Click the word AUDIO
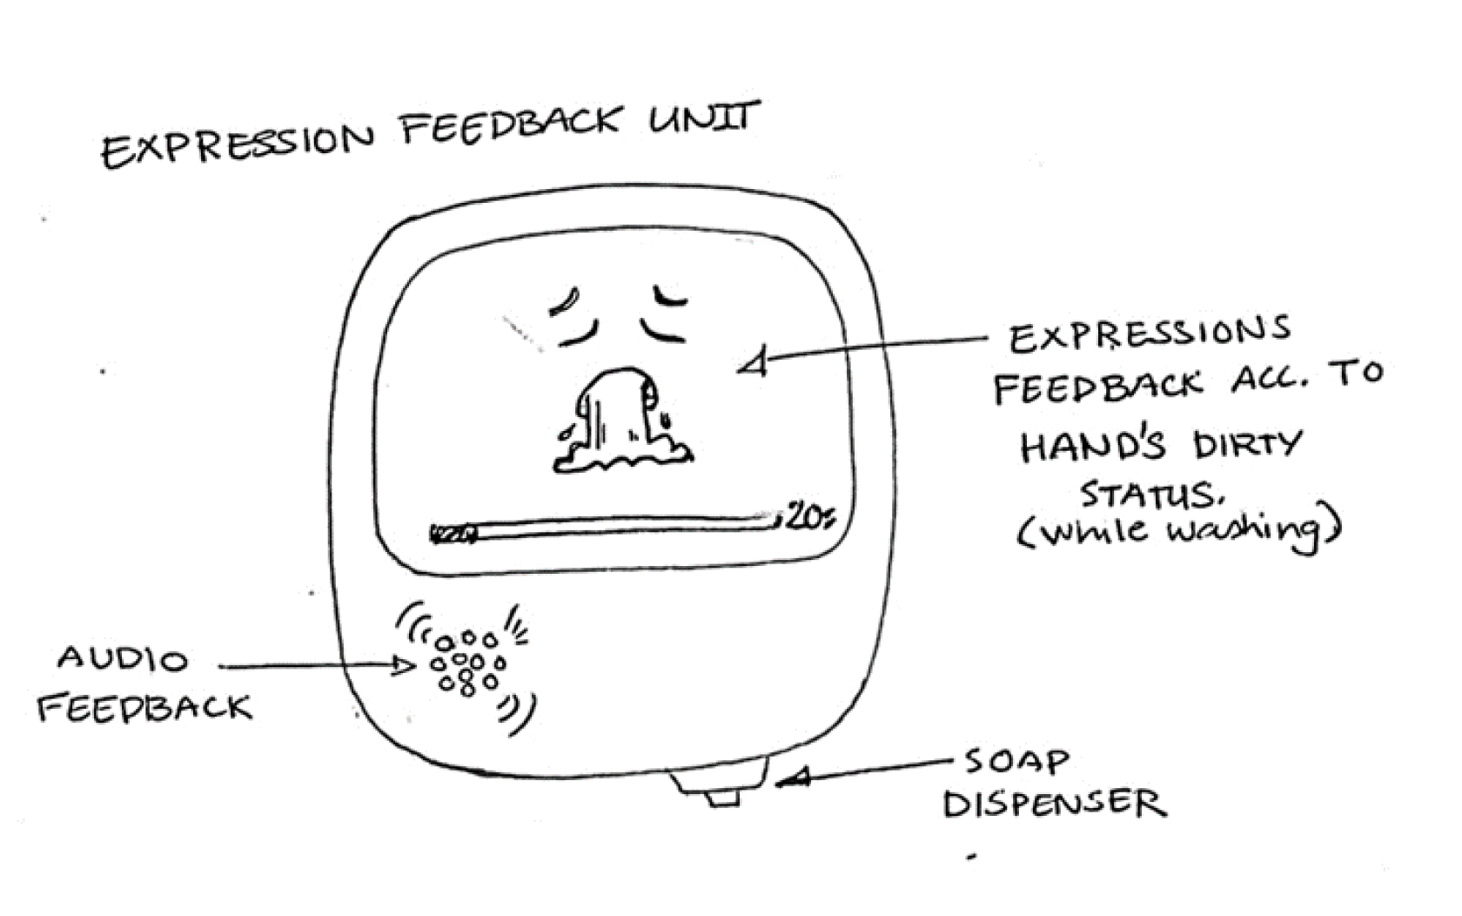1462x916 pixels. point(123,659)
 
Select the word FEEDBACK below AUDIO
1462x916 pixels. point(144,708)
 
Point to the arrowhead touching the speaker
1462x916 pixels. point(402,667)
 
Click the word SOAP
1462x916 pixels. point(1016,763)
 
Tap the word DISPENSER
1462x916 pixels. point(1054,804)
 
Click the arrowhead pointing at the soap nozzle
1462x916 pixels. point(794,778)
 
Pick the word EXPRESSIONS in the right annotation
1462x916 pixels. point(1149,334)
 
